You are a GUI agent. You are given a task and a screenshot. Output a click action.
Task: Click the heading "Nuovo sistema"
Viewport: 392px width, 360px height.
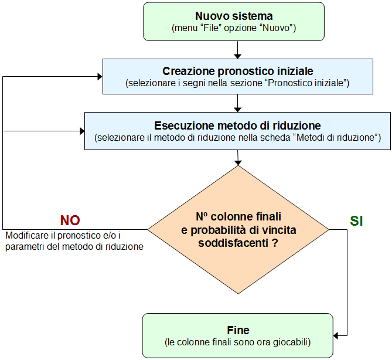coord(234,16)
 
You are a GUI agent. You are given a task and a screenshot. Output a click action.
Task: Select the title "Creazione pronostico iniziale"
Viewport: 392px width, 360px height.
coord(237,71)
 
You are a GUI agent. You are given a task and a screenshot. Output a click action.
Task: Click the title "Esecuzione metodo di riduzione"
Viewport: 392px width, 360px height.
coord(237,125)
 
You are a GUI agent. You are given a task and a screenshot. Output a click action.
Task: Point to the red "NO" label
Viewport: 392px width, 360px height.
coord(70,220)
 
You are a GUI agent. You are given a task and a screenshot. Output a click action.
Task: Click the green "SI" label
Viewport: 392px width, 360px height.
coord(357,221)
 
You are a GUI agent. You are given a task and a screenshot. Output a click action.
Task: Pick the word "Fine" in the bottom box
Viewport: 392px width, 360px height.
coord(237,330)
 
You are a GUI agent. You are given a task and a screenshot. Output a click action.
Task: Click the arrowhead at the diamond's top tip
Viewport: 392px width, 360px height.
coord(237,161)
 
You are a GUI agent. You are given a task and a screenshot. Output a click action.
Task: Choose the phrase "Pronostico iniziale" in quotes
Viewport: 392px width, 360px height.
coord(307,83)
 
